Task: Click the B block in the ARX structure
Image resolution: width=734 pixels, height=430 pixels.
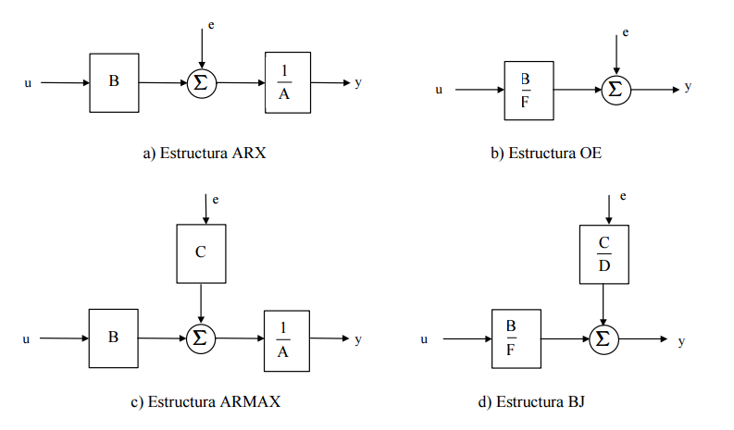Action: pyautogui.click(x=113, y=82)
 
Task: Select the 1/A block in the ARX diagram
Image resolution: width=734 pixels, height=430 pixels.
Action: pyautogui.click(x=287, y=82)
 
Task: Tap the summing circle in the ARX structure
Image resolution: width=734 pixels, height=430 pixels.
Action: pyautogui.click(x=200, y=83)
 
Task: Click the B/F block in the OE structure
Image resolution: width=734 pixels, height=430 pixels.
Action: pyautogui.click(x=529, y=90)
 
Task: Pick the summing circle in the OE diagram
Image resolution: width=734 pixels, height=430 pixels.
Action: pyautogui.click(x=615, y=90)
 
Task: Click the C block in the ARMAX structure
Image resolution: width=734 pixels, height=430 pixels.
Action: pyautogui.click(x=201, y=252)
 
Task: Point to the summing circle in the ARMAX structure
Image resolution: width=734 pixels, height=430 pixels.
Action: pyautogui.click(x=200, y=338)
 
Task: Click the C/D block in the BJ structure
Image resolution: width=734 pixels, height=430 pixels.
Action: pyautogui.click(x=603, y=253)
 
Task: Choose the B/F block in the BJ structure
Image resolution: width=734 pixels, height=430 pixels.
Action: pyautogui.click(x=516, y=339)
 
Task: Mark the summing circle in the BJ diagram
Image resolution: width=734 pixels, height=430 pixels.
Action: pyautogui.click(x=603, y=339)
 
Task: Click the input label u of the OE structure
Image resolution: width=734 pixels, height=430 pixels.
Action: pyautogui.click(x=439, y=90)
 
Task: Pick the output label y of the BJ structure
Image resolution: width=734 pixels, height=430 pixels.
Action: pyautogui.click(x=681, y=340)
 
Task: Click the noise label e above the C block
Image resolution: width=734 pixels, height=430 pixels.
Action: pyautogui.click(x=215, y=199)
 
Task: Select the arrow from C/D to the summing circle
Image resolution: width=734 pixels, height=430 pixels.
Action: pyautogui.click(x=603, y=303)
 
